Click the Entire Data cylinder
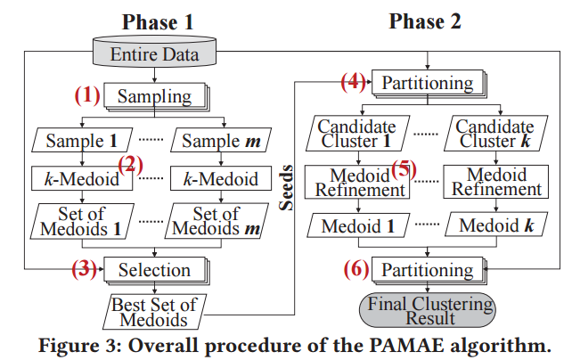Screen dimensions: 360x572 (x=156, y=54)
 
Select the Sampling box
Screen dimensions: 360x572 (x=156, y=96)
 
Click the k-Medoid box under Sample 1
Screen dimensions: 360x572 (x=81, y=179)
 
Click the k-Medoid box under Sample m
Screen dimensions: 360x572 (x=221, y=179)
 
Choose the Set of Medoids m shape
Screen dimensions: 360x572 (x=220, y=220)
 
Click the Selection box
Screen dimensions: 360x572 (x=155, y=269)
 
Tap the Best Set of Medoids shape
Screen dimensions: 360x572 (x=154, y=308)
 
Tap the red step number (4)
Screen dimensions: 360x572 (x=355, y=82)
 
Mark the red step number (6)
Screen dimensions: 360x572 (x=355, y=268)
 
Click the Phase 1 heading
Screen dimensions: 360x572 (x=155, y=22)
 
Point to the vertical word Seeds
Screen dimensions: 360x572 (x=288, y=190)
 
